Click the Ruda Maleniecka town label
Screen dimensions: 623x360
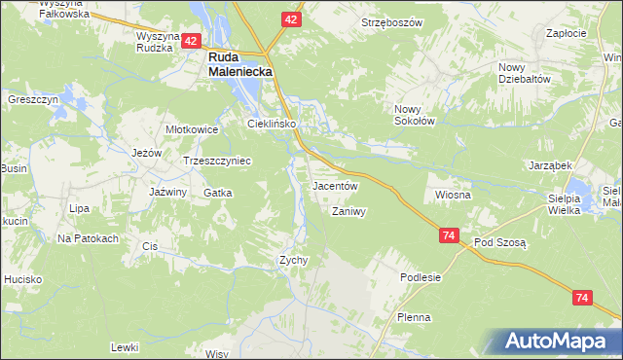[239, 64]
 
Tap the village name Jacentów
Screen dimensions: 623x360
[336, 185]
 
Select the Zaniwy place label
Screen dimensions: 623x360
[348, 211]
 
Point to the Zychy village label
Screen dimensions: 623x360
[294, 260]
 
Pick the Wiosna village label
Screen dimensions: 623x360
[454, 195]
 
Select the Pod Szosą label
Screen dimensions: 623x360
[499, 242]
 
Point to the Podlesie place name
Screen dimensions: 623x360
[421, 277]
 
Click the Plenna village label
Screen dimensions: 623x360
[414, 317]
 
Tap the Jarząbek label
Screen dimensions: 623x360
[549, 165]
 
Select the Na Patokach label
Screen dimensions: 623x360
[88, 238]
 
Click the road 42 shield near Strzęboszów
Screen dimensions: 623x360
[292, 19]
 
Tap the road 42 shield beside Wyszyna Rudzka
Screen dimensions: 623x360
[191, 41]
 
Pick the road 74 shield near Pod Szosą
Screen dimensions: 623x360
[449, 236]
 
